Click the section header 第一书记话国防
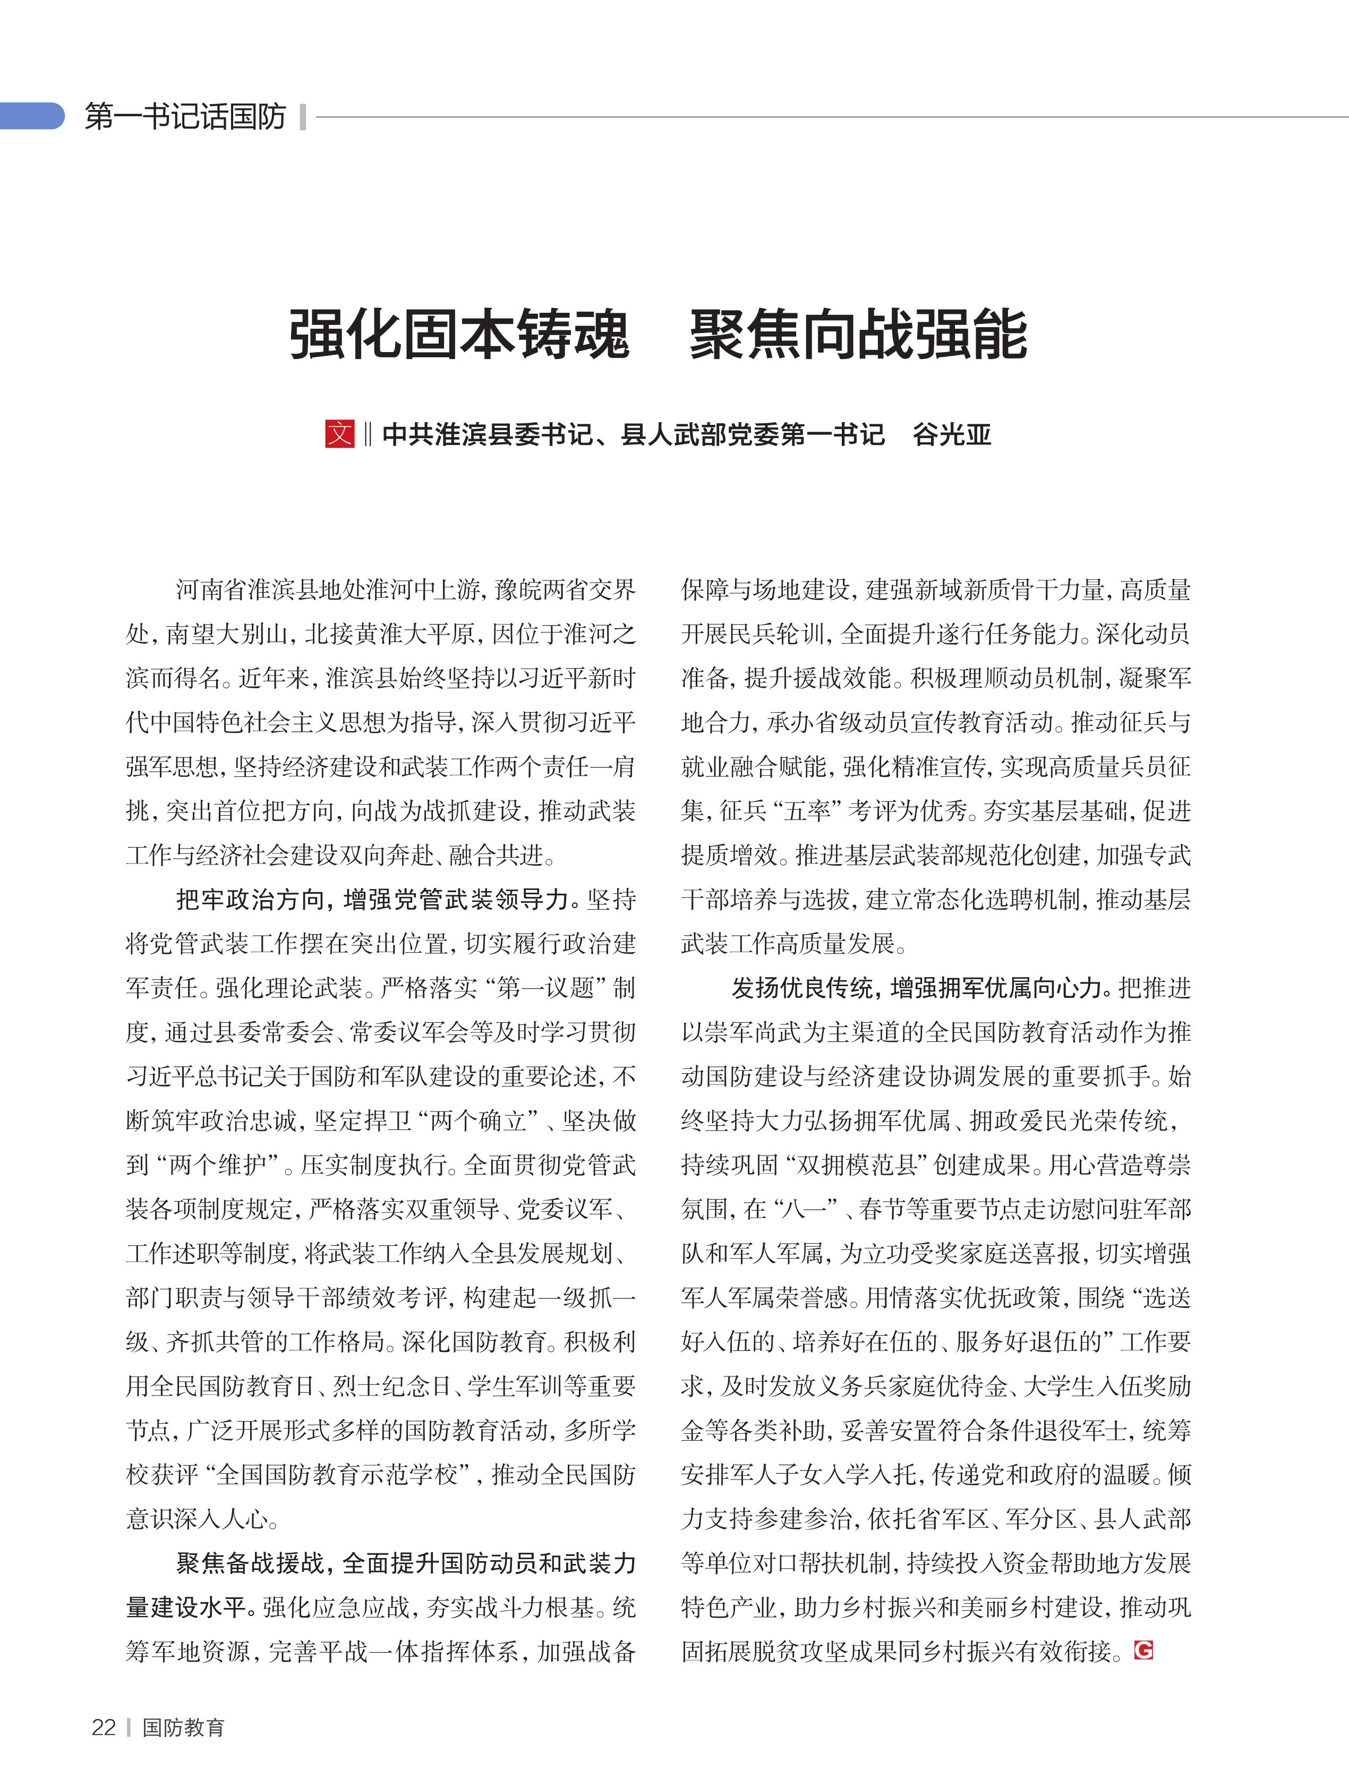pyautogui.click(x=185, y=116)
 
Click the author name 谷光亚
pyautogui.click(x=951, y=435)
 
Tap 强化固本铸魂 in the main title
pyautogui.click(x=459, y=334)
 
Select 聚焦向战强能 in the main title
pyautogui.click(x=858, y=334)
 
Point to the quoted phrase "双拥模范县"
pyautogui.click(x=859, y=1164)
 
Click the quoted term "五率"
pyautogui.click(x=807, y=811)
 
